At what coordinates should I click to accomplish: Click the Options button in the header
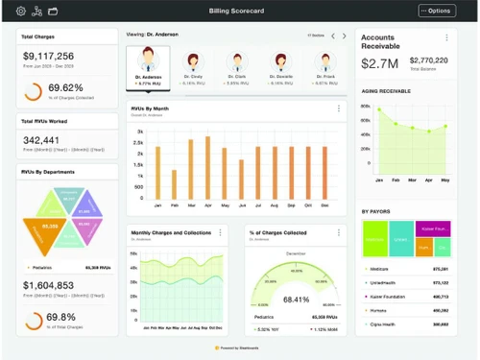(437, 11)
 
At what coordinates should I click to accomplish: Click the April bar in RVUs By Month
(206, 167)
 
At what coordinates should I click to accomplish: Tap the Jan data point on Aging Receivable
(379, 108)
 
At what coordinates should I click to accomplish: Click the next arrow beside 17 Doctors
(345, 36)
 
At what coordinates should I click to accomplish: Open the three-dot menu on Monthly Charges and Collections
(220, 232)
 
